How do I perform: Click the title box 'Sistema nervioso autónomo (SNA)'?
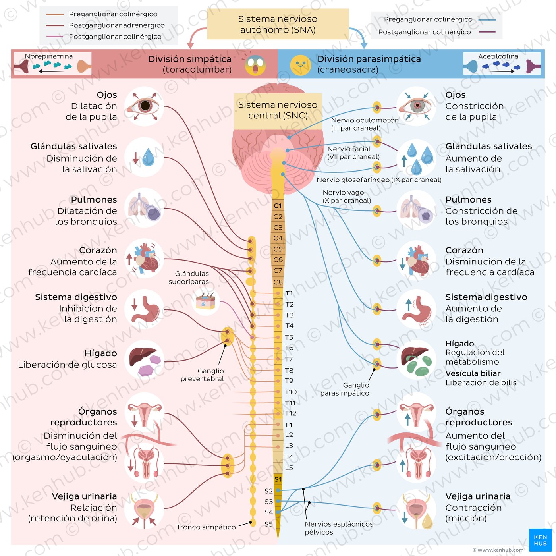point(278,24)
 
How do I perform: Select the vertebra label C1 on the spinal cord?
point(278,206)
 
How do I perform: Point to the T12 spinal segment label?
point(291,413)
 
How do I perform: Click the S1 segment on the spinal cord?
point(278,479)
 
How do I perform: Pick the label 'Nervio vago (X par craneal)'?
point(347,197)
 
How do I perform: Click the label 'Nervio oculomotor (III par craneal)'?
point(364,124)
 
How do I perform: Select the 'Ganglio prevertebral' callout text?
point(203,375)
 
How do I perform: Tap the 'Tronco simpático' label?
point(206,527)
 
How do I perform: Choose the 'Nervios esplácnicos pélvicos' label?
point(339,528)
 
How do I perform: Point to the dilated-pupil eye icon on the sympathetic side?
point(144,106)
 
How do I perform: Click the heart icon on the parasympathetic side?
point(417,261)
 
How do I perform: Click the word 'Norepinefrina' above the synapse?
point(49,56)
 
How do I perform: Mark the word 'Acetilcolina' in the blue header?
point(498,56)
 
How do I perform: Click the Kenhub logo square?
point(540,540)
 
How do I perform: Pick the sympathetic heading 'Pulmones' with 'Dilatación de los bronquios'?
point(94,199)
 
